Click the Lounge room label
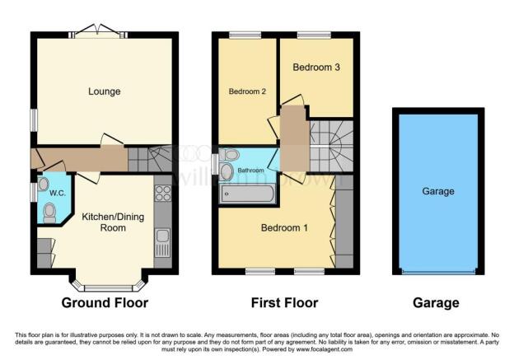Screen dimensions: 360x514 tap(105, 91)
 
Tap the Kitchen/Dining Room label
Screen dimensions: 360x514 tap(104, 222)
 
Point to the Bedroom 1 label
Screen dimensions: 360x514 tap(284, 227)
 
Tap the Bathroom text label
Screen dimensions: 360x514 tap(250, 171)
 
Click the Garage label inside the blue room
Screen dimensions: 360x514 tap(437, 191)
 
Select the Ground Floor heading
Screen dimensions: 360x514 tap(105, 303)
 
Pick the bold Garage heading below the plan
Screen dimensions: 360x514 tap(436, 303)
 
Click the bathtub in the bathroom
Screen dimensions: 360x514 tap(247, 194)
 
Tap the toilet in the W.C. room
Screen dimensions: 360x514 tap(49, 213)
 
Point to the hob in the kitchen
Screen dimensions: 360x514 tap(161, 195)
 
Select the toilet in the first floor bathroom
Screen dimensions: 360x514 tap(231, 155)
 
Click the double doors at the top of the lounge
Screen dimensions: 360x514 tap(99, 30)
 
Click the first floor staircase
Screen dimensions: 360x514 tap(331, 143)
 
